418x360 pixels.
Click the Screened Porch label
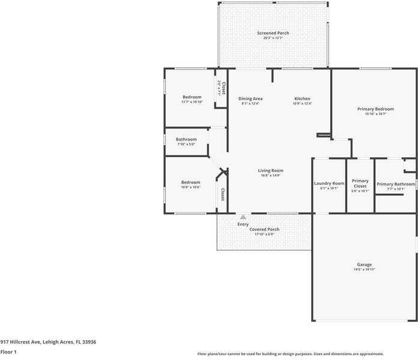pos(273,33)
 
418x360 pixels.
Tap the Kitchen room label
pos(302,98)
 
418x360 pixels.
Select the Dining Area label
pos(250,98)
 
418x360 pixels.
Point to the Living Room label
pos(270,170)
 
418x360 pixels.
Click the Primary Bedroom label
pos(375,109)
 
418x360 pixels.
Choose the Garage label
pos(364,265)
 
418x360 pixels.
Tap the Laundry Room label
pos(329,183)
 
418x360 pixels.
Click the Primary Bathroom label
pos(395,184)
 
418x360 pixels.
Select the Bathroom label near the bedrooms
pos(186,140)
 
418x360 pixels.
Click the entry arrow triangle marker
pos(243,217)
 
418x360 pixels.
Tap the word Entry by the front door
pos(243,224)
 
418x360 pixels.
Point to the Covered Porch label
pos(264,229)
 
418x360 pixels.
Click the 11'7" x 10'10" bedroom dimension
pos(192,102)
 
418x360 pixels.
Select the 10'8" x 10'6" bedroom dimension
pos(191,187)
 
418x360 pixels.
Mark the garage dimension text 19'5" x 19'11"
pos(364,270)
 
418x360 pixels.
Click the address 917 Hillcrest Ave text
pos(48,341)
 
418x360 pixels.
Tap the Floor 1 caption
pos(8,352)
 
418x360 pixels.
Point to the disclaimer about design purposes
pos(291,354)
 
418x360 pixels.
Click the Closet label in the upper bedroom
pos(223,88)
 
